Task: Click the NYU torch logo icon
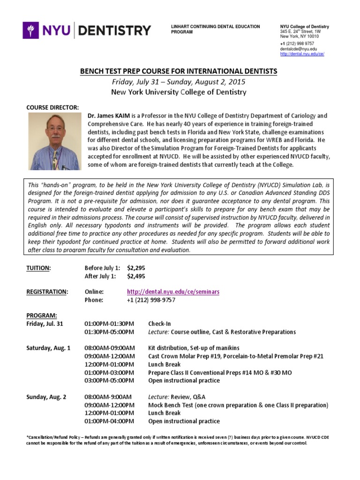(x=32, y=31)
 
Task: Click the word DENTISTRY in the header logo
(x=114, y=31)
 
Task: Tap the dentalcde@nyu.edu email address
(x=298, y=49)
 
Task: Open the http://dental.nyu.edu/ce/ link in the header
(x=302, y=54)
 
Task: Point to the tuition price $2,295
(x=136, y=268)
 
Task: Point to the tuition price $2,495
(x=136, y=276)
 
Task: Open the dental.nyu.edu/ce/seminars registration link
(x=173, y=292)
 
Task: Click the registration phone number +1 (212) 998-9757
(x=151, y=300)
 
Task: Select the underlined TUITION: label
(x=38, y=268)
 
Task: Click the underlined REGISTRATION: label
(x=47, y=292)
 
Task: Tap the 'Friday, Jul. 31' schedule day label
(x=45, y=324)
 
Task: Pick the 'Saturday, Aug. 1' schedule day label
(x=48, y=348)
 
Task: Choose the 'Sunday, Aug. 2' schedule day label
(x=46, y=397)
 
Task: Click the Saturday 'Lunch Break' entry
(x=164, y=364)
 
